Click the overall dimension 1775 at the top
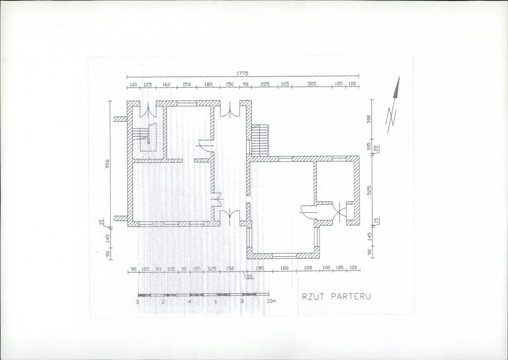point(242,74)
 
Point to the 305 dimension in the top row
point(312,84)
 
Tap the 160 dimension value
point(166,85)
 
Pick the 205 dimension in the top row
point(265,84)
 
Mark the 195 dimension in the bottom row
point(260,268)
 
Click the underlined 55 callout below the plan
point(250,277)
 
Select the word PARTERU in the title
point(350,296)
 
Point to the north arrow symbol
point(393,105)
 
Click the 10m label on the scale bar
point(271,302)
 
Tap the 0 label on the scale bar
point(138,302)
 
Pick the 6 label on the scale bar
point(216,302)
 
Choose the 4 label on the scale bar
point(189,302)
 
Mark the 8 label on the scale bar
point(242,302)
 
